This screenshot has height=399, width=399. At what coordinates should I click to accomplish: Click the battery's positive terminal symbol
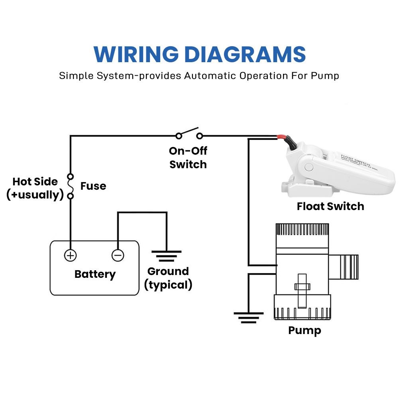[x=71, y=255]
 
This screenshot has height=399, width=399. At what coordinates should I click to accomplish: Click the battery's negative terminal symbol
[x=118, y=255]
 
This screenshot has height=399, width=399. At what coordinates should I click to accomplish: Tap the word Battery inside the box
[x=95, y=274]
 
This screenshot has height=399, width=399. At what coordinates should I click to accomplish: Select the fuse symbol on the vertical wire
[x=71, y=186]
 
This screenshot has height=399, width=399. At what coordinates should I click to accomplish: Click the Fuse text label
[x=93, y=186]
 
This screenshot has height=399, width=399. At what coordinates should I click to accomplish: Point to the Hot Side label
[x=35, y=182]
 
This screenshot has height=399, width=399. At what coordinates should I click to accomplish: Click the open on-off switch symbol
[x=189, y=134]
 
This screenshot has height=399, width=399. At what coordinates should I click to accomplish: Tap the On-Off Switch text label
[x=188, y=157]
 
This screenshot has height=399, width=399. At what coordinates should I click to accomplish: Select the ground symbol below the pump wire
[x=248, y=317]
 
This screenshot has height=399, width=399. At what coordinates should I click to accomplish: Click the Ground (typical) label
[x=168, y=278]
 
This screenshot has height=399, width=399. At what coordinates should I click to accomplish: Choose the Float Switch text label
[x=330, y=206]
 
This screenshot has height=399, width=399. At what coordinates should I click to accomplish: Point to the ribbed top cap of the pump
[x=303, y=230]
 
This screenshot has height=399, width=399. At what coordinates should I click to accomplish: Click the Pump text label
[x=305, y=331]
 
